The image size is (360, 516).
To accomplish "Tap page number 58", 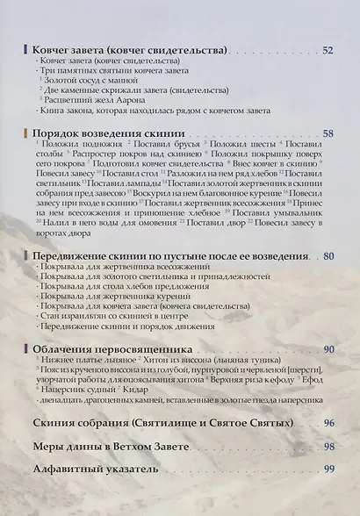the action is pos(328,134).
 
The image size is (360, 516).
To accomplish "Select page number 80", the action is pos(328,256).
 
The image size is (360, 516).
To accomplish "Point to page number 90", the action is pos(328,350).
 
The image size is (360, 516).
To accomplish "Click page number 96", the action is pos(328,423).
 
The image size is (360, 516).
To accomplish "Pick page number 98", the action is pos(328,447).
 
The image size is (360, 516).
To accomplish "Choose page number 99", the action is pos(328,469).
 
